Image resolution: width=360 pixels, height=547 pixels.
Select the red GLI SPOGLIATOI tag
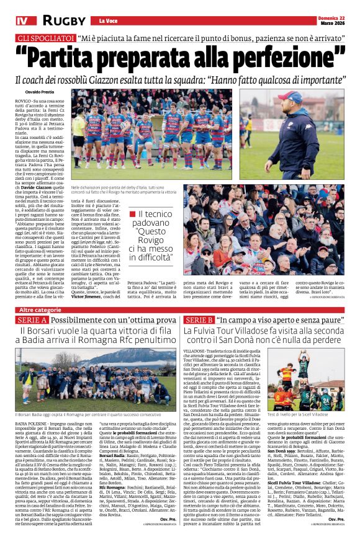coord(45,39)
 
